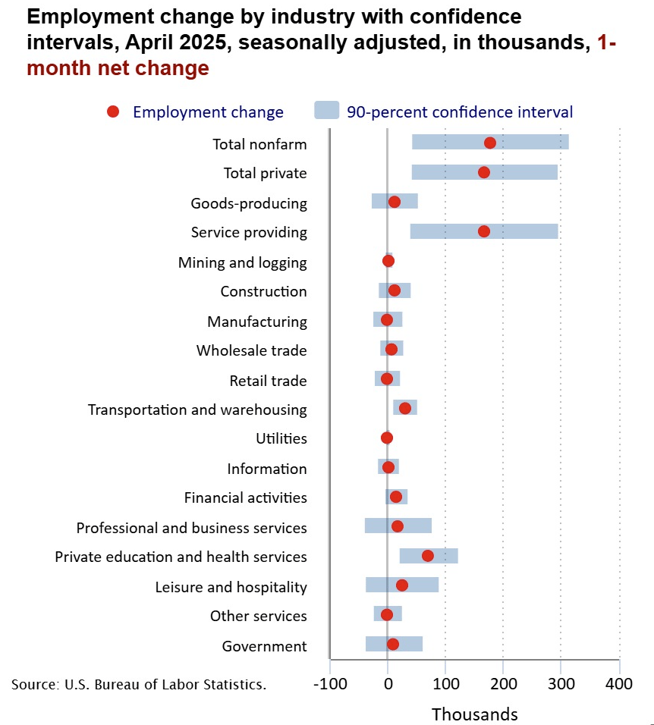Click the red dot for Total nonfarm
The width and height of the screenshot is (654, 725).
(489, 143)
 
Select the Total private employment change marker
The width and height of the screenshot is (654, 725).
(484, 172)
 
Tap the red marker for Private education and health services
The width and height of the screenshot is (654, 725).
(428, 556)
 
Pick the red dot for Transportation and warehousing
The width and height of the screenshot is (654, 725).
(405, 408)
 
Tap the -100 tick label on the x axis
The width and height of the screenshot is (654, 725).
(331, 684)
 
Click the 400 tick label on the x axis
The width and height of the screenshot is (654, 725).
(620, 684)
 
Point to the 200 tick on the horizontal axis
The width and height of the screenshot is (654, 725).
(504, 684)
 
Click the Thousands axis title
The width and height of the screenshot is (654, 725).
(475, 714)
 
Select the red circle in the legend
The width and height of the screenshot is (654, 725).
(113, 112)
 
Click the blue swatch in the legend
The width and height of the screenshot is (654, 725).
(326, 111)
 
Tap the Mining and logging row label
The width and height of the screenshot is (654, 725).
(243, 262)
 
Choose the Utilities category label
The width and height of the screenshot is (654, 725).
(281, 438)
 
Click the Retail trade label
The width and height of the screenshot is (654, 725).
(268, 380)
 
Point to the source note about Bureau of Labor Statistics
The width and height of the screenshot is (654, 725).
(139, 684)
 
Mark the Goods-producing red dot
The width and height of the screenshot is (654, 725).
(395, 202)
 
